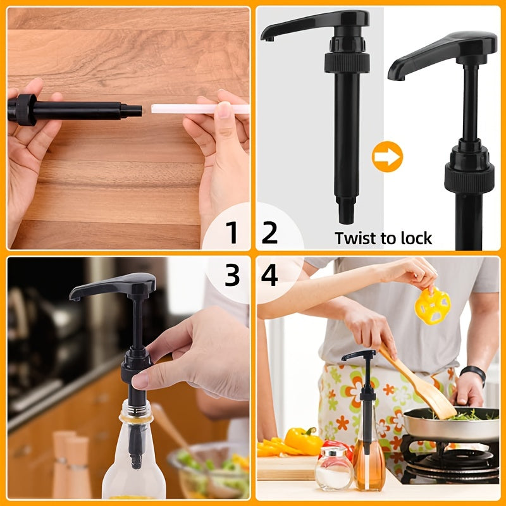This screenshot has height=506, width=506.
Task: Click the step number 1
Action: click(231, 232)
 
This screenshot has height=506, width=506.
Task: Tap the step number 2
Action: click(269, 232)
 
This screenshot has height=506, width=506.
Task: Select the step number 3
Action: click(232, 275)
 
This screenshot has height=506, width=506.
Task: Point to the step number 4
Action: click(269, 275)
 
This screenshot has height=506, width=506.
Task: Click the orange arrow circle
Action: click(387, 156)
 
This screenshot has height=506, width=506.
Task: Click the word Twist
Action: click(356, 238)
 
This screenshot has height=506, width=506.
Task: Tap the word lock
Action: click(416, 238)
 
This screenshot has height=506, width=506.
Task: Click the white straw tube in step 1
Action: click(200, 109)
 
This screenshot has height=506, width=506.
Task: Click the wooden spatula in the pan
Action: click(417, 383)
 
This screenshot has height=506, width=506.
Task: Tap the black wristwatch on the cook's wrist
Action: click(473, 374)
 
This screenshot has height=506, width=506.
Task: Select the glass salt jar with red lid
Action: click(334, 468)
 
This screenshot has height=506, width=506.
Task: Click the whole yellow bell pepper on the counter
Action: click(304, 441)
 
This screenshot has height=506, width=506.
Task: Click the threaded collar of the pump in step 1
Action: click(26, 109)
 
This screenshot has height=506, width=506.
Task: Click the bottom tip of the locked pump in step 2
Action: click(346, 220)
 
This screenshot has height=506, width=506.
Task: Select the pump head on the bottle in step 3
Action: click(113, 286)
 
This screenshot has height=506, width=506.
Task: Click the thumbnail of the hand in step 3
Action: click(140, 381)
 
